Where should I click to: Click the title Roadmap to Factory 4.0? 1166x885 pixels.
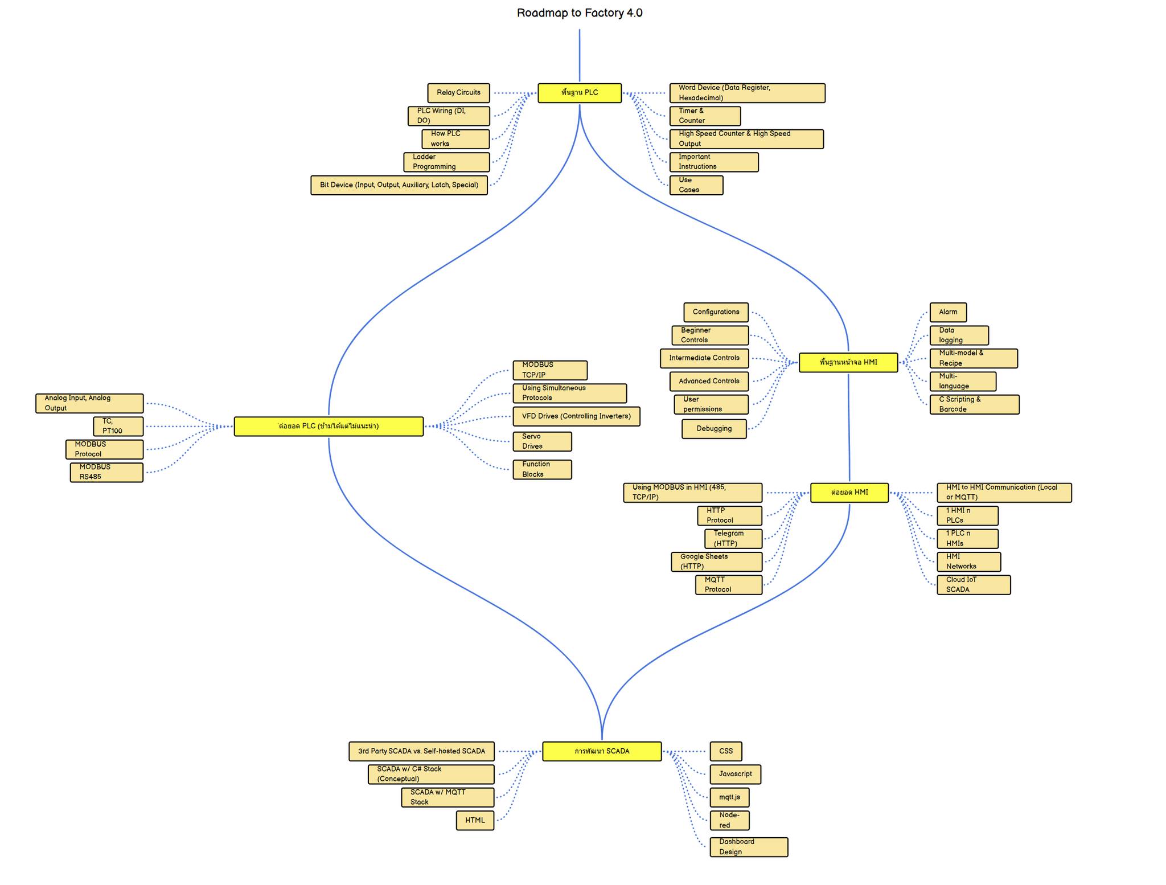pyautogui.click(x=580, y=13)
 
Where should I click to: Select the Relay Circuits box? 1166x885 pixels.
pyautogui.click(x=458, y=93)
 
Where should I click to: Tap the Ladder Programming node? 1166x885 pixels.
pyautogui.click(x=446, y=162)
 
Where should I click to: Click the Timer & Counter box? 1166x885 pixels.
pyautogui.click(x=705, y=116)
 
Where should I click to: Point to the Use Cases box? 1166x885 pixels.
pyautogui.click(x=696, y=185)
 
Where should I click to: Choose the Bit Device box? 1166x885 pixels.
pyautogui.click(x=399, y=185)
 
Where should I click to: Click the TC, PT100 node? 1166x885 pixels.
pyautogui.click(x=118, y=426)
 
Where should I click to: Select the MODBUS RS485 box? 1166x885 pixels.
pyautogui.click(x=106, y=472)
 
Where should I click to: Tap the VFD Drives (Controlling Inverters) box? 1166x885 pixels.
pyautogui.click(x=576, y=416)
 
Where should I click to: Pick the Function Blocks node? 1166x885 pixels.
pyautogui.click(x=542, y=469)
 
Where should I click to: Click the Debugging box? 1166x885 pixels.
pyautogui.click(x=714, y=429)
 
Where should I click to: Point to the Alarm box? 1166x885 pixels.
pyautogui.click(x=948, y=312)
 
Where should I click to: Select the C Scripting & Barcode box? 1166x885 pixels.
pyautogui.click(x=974, y=404)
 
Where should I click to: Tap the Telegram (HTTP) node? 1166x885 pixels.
pyautogui.click(x=733, y=539)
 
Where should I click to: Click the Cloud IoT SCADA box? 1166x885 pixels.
pyautogui.click(x=974, y=585)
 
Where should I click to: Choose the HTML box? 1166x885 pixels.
pyautogui.click(x=475, y=821)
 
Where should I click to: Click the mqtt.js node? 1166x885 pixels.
pyautogui.click(x=729, y=797)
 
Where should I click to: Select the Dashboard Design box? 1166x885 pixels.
pyautogui.click(x=749, y=847)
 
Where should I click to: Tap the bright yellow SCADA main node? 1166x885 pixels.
pyautogui.click(x=602, y=751)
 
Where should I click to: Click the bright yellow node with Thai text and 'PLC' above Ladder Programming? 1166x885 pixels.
pyautogui.click(x=580, y=93)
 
